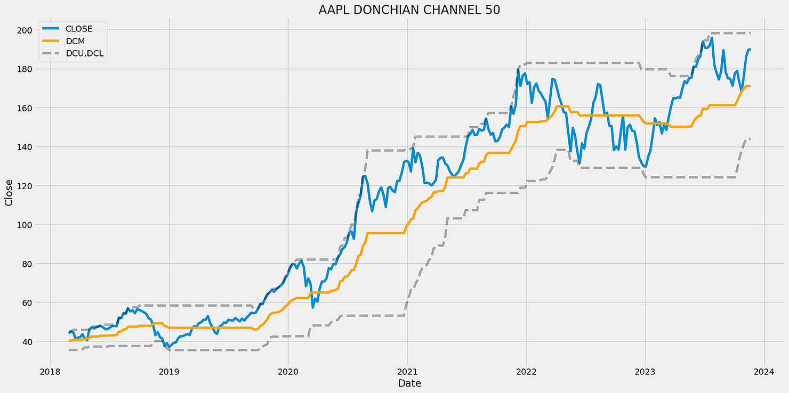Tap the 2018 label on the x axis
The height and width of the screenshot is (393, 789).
pos(50,371)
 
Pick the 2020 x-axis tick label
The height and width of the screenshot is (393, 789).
pos(288,371)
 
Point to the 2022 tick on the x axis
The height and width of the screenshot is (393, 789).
pos(526,371)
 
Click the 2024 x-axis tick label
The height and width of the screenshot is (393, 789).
pos(764,371)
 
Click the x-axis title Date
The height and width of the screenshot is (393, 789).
pos(408,382)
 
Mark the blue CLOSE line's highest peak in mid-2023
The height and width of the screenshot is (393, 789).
pos(712,38)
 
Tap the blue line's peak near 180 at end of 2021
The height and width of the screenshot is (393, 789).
pos(518,70)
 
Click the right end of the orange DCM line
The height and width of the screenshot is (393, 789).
pos(750,86)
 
